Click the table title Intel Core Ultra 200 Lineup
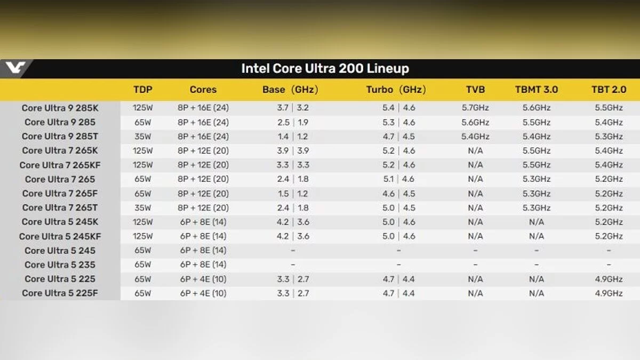click(325, 68)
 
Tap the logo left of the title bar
click(15, 68)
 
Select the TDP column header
click(143, 90)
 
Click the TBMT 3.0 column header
click(536, 90)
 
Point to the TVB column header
click(475, 90)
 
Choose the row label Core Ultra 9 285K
click(60, 108)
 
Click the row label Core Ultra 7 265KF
click(60, 165)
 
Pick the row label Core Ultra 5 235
click(60, 265)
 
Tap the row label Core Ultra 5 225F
click(60, 293)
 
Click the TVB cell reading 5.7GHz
click(475, 108)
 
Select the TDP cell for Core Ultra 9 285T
click(143, 137)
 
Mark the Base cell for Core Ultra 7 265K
click(293, 151)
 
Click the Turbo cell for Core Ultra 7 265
click(398, 179)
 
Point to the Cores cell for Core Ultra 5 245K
click(203, 222)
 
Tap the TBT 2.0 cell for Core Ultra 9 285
click(609, 122)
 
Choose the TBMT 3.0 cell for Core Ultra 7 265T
click(536, 207)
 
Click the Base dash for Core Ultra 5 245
click(293, 250)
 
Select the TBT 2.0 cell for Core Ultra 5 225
click(609, 279)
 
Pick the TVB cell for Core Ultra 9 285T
click(475, 137)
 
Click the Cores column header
click(203, 90)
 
